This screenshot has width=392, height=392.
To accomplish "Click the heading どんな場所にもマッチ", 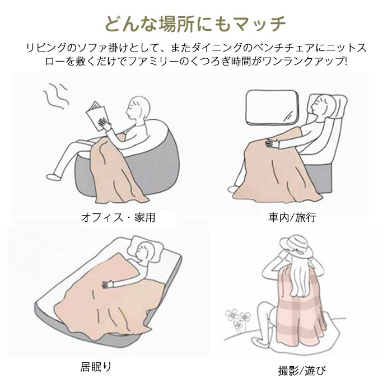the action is [195, 24].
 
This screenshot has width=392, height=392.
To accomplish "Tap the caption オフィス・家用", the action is [118, 217].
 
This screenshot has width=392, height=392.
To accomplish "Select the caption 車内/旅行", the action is [292, 217].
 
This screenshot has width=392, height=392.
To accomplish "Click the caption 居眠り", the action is [96, 367].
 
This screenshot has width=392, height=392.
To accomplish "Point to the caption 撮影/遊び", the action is [302, 370].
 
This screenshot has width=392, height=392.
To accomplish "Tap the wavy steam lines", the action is [56, 96].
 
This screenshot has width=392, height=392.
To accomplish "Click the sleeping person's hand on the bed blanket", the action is [108, 284].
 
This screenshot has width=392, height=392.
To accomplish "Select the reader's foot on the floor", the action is [54, 176].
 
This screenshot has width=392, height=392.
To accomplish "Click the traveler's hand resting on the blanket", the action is [273, 143].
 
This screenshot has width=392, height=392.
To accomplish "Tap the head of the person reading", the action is [139, 108].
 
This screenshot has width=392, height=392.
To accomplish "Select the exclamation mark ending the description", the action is [346, 61].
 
